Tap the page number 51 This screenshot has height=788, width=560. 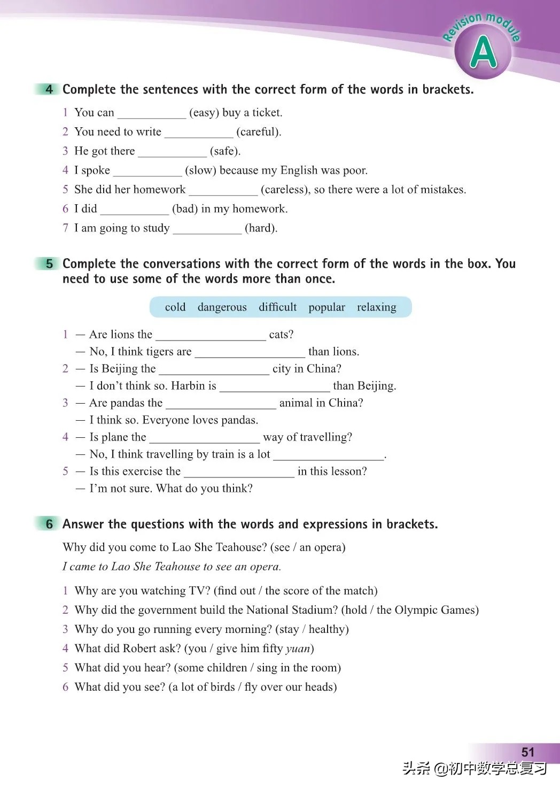click(527, 752)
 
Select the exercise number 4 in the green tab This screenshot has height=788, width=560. click(49, 89)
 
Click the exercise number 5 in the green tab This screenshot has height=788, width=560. click(49, 264)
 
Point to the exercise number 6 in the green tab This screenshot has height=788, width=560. click(49, 524)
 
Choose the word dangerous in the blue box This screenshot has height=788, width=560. click(222, 307)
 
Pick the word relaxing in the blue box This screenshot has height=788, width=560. click(376, 307)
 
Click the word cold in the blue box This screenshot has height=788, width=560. click(175, 307)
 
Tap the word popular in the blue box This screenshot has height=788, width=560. click(326, 307)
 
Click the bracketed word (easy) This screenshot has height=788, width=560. click(204, 113)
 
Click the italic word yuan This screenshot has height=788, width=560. click(298, 649)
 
